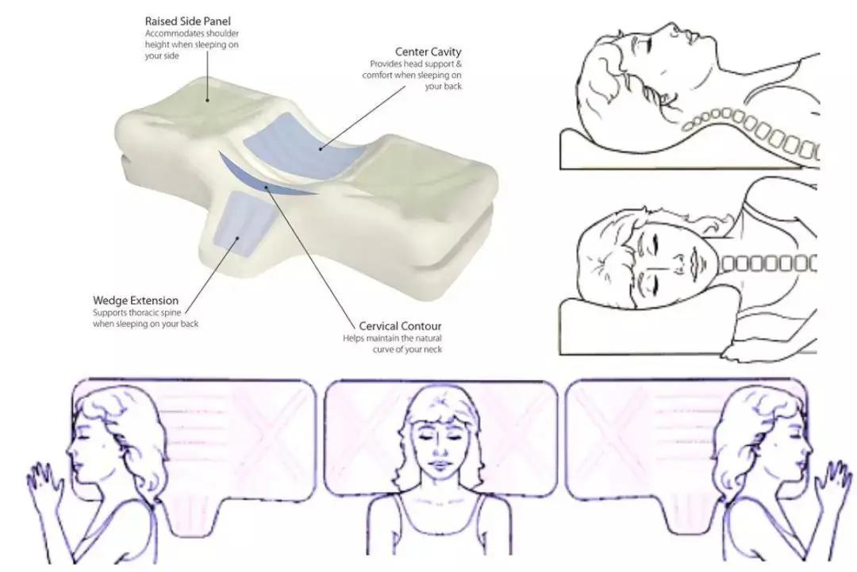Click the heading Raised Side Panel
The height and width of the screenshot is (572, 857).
click(x=187, y=21)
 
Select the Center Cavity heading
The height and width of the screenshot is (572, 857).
click(x=428, y=52)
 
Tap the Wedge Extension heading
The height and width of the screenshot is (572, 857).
click(x=136, y=301)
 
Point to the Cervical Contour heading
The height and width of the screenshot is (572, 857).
click(x=400, y=326)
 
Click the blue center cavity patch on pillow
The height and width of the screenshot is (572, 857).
click(x=297, y=141)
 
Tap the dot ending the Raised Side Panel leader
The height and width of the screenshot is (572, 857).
click(x=208, y=101)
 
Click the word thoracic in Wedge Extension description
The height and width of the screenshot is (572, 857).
click(x=144, y=313)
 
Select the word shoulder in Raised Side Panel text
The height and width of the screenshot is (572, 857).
click(x=221, y=33)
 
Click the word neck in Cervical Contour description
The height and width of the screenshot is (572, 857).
click(x=433, y=350)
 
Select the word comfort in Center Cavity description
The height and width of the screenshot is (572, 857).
click(x=376, y=75)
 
